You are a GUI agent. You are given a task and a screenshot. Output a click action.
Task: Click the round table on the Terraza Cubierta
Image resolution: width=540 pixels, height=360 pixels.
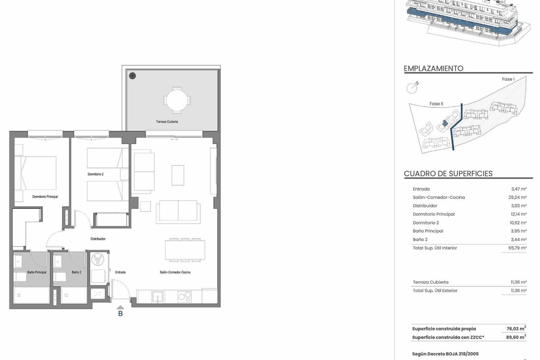click(177, 100)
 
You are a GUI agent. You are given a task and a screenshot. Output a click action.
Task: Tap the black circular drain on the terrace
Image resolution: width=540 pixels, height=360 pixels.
click(132, 76)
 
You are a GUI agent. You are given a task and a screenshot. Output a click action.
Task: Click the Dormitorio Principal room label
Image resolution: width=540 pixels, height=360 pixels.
click(45, 197)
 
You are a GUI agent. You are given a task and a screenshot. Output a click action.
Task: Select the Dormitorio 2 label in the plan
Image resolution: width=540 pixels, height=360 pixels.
click(95, 174)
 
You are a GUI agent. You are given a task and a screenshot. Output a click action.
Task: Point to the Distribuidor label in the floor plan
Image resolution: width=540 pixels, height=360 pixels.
click(98, 239)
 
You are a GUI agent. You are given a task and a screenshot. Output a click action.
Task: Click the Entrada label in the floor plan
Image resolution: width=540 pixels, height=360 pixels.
click(120, 272)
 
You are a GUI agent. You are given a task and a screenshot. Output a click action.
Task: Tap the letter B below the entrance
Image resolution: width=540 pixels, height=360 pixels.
click(120, 314)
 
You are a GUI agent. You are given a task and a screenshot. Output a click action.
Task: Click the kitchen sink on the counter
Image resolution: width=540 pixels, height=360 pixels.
click(157, 297)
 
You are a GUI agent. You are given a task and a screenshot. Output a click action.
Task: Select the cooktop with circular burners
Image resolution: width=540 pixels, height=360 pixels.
click(184, 297)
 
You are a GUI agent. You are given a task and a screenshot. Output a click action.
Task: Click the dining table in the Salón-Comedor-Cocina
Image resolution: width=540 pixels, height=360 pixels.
click(185, 250)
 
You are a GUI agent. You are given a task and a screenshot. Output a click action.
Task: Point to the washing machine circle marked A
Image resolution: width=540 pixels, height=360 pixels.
click(98, 260)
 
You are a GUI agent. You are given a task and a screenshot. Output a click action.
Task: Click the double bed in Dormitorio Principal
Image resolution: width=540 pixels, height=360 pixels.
click(36, 173)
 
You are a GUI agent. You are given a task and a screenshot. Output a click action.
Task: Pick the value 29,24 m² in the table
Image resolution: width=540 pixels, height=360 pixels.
click(517, 197)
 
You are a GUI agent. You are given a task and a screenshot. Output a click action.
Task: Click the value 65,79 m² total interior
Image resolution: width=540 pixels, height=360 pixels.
click(517, 248)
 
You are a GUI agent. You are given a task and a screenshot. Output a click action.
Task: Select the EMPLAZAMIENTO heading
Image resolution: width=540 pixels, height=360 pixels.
click(433, 68)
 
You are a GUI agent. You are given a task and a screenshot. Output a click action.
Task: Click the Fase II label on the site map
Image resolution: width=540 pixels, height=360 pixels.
click(436, 103)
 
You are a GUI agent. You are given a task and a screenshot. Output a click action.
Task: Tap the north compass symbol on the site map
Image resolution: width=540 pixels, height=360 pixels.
click(412, 88)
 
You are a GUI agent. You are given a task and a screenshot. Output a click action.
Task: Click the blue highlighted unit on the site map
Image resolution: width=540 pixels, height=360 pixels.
click(445, 123)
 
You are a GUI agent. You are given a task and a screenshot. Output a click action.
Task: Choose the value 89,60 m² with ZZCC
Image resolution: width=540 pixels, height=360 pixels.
click(516, 337)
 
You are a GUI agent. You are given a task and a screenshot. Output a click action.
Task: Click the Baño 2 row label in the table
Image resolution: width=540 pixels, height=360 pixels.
click(420, 239)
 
